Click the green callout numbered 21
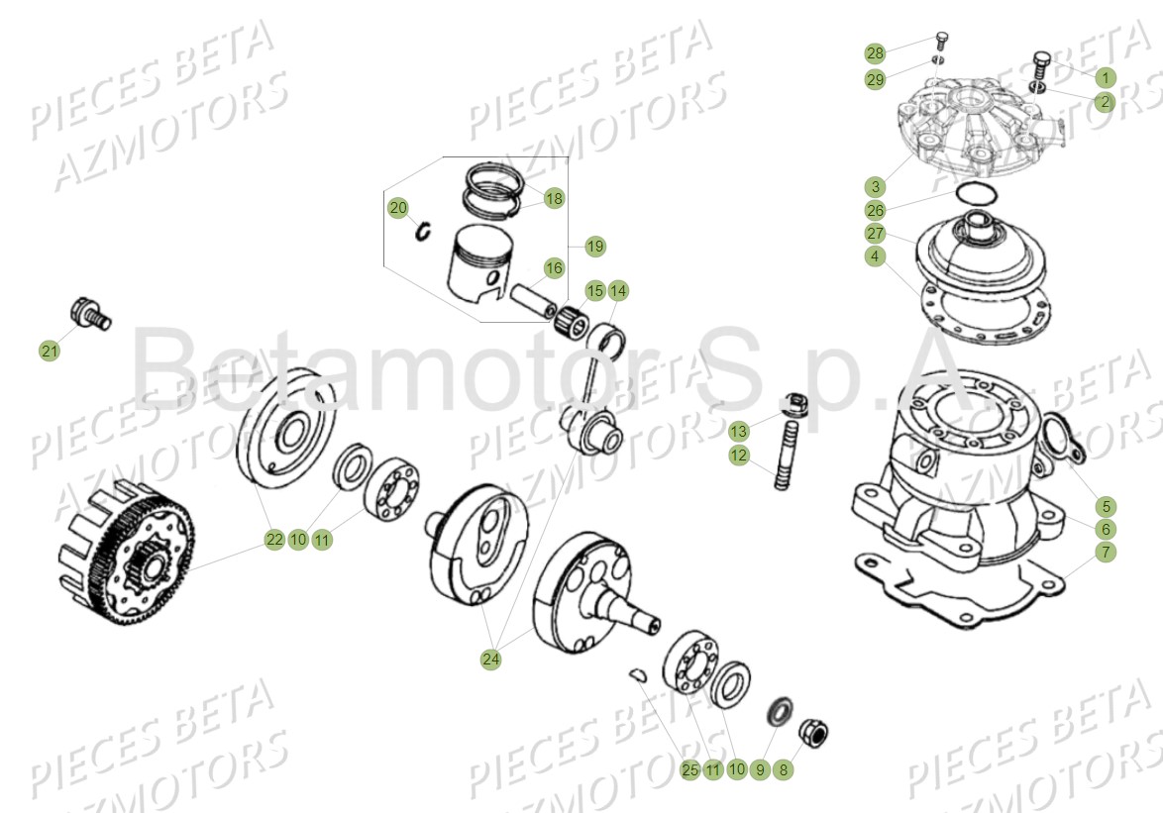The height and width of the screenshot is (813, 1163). click(50, 350)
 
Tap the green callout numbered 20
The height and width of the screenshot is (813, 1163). click(398, 208)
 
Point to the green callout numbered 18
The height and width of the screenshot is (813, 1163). click(553, 198)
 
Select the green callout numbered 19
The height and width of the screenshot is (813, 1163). click(594, 245)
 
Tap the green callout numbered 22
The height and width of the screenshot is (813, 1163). click(274, 540)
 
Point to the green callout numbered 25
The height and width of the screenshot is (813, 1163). click(690, 769)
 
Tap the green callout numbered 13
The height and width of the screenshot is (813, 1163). click(739, 432)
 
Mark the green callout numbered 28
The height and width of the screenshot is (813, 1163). click(875, 52)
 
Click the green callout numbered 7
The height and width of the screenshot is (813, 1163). click(1105, 552)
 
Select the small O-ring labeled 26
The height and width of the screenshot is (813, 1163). click(979, 192)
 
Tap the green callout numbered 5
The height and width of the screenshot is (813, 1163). click(1105, 505)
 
